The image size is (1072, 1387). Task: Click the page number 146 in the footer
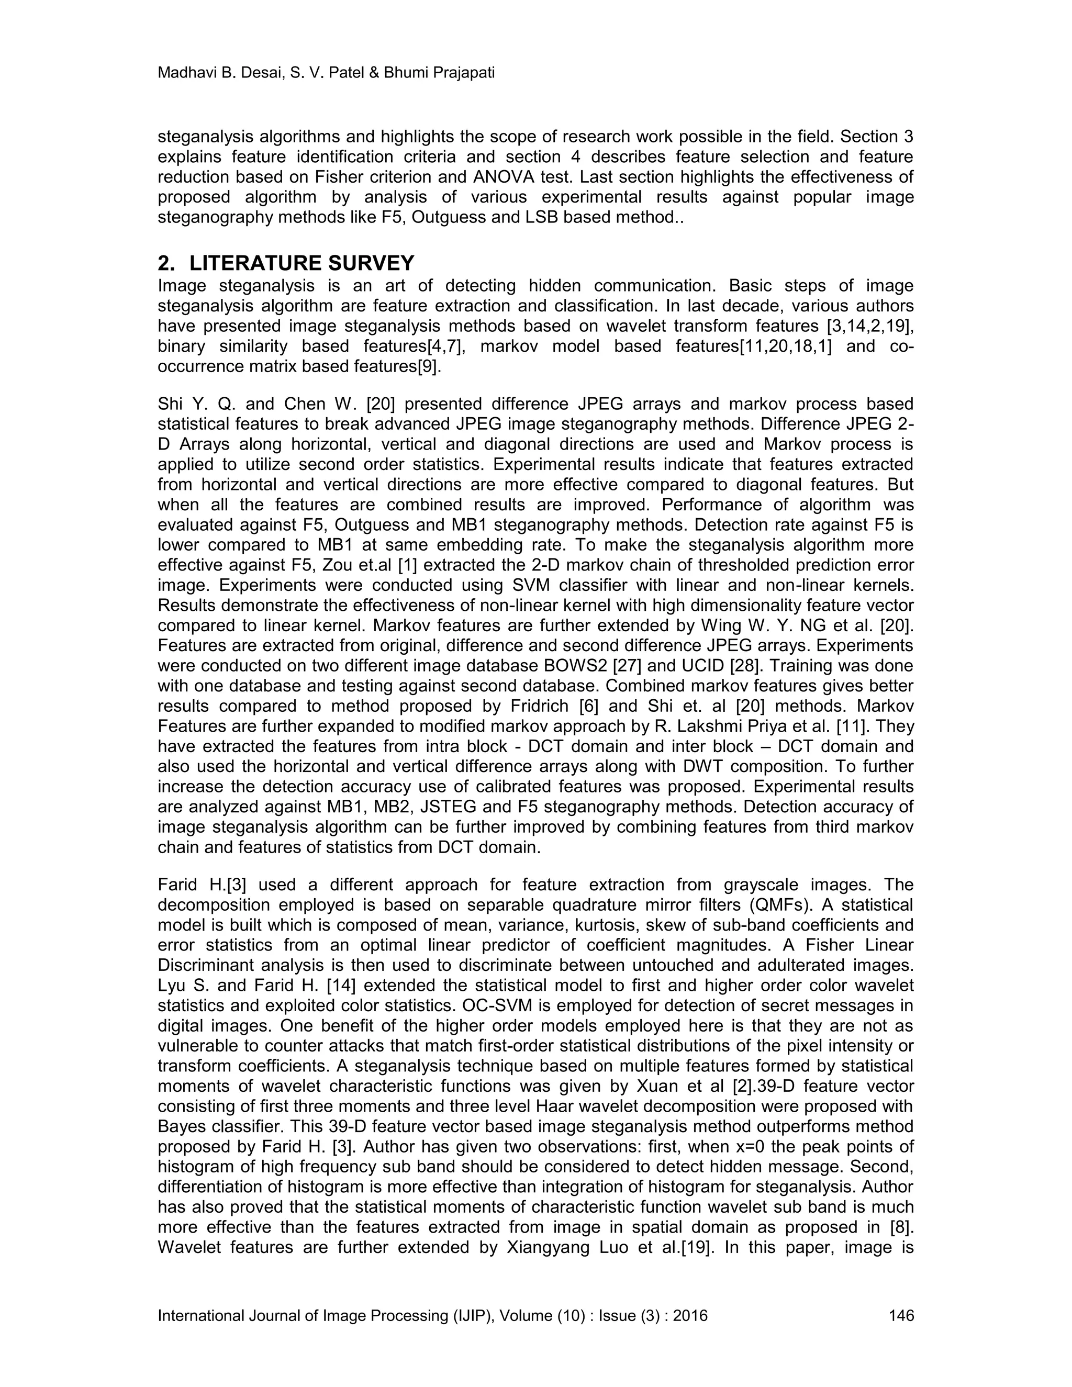tap(901, 1315)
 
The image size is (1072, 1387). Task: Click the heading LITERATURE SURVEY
tap(301, 262)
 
